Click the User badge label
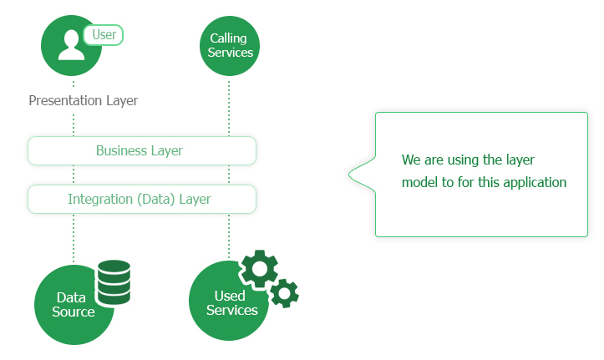point(103,35)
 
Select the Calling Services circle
point(230,46)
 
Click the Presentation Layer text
point(83,101)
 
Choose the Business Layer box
point(141,151)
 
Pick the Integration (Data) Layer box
point(141,200)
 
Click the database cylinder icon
point(114,282)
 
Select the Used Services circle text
point(230,303)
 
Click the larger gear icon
point(259,269)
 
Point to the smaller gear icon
point(285,292)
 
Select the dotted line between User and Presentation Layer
point(74,84)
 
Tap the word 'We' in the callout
point(410,160)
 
